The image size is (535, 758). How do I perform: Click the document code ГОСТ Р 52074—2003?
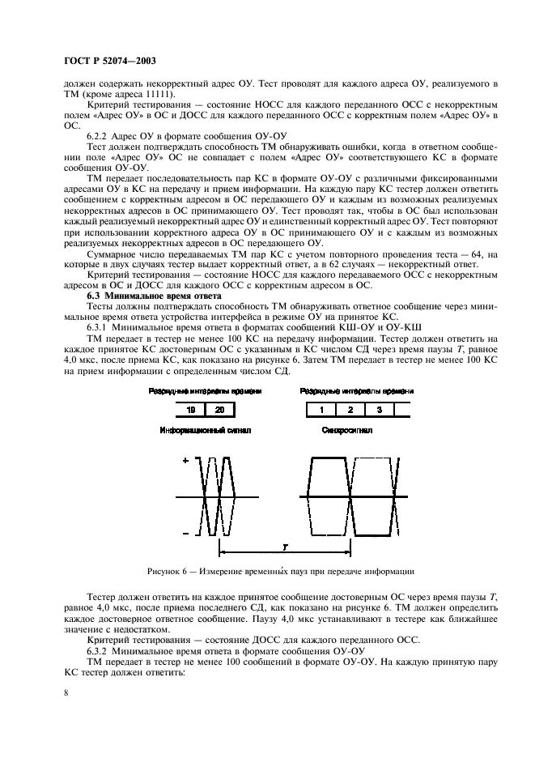pyautogui.click(x=110, y=61)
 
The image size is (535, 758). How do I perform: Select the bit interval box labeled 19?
pyautogui.click(x=190, y=411)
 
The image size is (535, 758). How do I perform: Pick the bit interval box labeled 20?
pyautogui.click(x=219, y=411)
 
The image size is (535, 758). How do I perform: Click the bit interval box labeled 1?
pyautogui.click(x=321, y=411)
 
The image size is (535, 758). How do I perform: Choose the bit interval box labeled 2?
pyautogui.click(x=350, y=411)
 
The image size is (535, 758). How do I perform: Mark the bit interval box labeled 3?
pyautogui.click(x=379, y=411)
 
